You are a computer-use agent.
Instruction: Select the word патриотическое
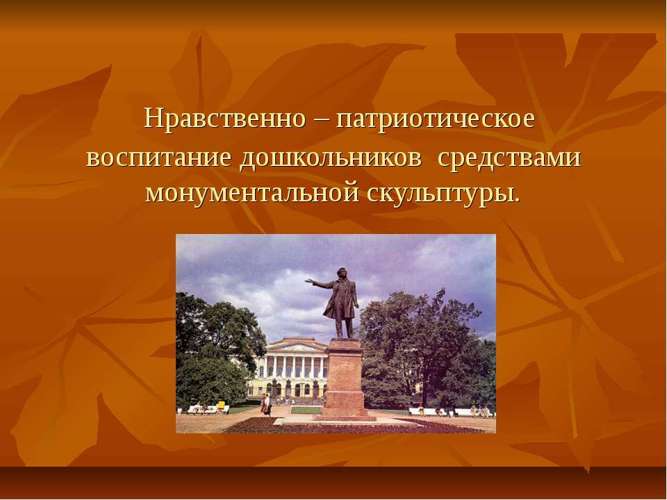click(435, 119)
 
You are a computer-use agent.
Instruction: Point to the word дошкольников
click(331, 157)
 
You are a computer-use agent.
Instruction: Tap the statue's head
click(342, 273)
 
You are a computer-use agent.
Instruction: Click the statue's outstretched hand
click(308, 282)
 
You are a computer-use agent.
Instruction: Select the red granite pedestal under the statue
click(345, 378)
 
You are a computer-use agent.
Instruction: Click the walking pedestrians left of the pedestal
click(266, 405)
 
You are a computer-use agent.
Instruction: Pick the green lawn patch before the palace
click(306, 410)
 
